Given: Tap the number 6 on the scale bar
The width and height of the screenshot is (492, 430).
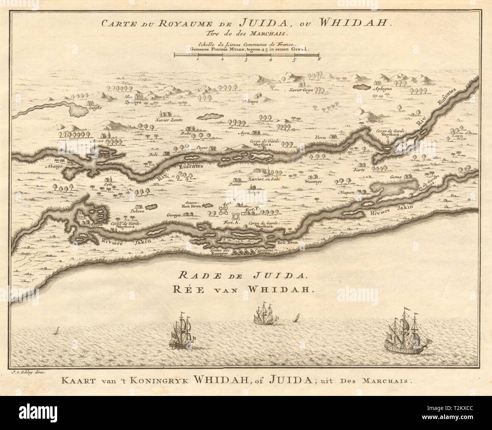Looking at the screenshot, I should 319,59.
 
